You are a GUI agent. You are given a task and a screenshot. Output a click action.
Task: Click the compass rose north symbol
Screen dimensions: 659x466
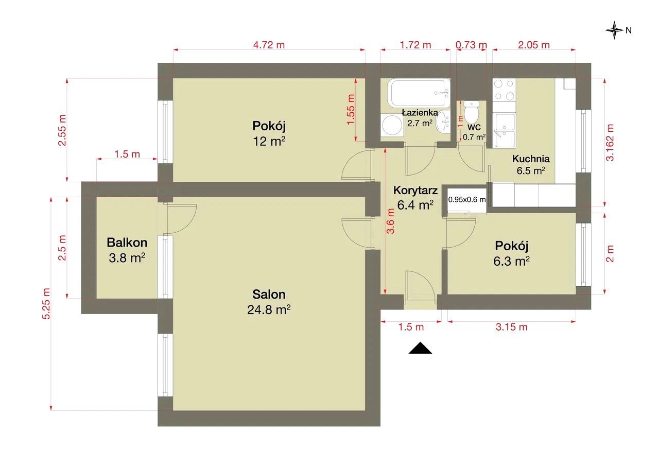coord(614,30)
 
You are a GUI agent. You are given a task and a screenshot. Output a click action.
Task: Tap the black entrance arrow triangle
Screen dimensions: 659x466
coord(421,348)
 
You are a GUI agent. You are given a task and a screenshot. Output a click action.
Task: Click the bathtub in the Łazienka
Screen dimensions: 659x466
coord(419,94)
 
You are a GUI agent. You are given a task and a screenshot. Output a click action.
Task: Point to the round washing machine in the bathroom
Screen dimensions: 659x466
coord(392,125)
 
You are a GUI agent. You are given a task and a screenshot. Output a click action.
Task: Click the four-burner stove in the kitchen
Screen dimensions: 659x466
coord(504,90)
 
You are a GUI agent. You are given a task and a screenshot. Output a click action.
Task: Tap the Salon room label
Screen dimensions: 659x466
coord(269,295)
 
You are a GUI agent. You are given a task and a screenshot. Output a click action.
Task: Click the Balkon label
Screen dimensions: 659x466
coord(127,243)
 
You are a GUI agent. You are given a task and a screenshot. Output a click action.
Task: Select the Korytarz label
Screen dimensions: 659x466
coord(415,191)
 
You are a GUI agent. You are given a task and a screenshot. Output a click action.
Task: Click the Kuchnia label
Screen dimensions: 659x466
coord(531,159)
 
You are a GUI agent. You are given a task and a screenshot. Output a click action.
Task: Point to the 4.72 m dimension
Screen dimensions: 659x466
coord(269,45)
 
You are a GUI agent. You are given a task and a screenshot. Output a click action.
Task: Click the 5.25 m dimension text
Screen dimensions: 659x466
coord(46,304)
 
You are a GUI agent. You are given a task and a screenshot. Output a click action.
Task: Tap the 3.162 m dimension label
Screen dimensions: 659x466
coord(610,143)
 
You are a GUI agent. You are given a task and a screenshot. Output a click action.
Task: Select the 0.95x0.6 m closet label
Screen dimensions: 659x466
coord(467,199)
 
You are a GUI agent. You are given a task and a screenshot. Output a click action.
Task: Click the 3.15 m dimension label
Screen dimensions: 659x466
coord(512,327)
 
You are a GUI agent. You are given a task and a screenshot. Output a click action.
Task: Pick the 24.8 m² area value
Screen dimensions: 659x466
coord(269,310)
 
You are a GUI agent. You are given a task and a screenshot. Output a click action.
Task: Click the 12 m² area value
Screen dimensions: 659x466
coord(269,141)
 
